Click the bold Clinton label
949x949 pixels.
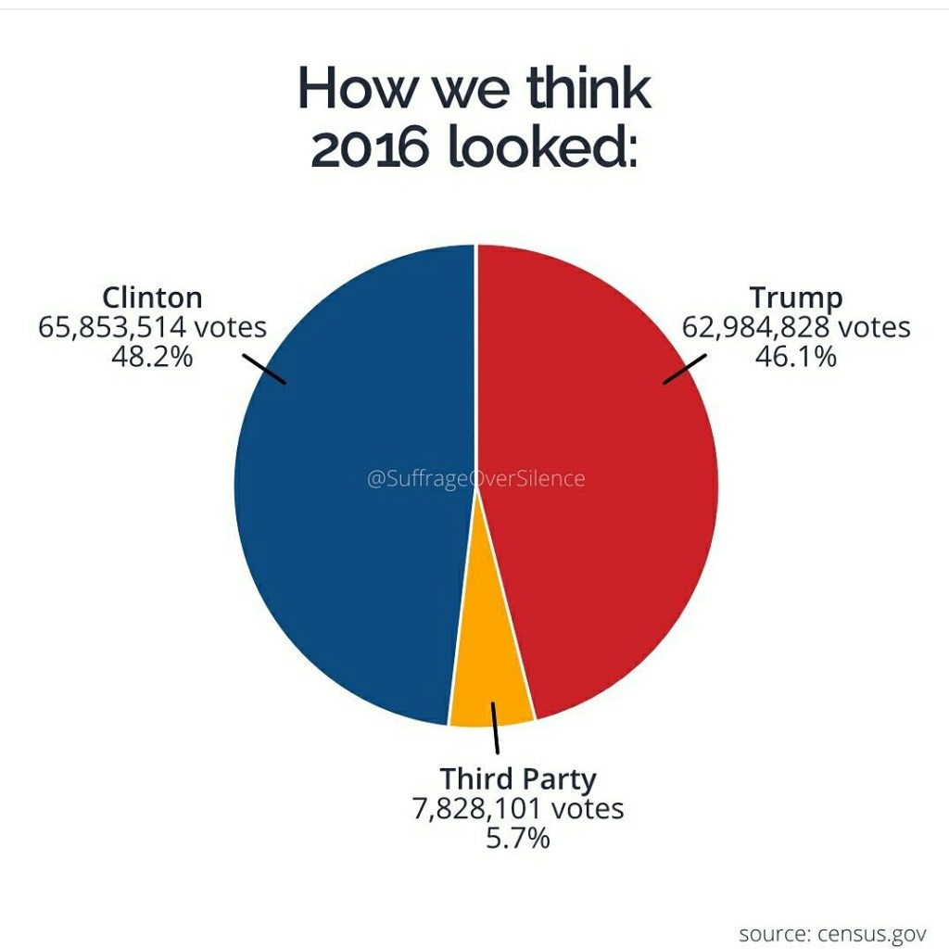pos(152,297)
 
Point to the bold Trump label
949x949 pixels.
pos(796,297)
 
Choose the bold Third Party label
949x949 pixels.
pos(518,778)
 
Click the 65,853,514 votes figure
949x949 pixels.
pos(152,327)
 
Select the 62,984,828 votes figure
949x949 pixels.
pos(796,327)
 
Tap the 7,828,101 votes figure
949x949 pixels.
pos(518,808)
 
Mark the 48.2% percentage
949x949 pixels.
pos(152,356)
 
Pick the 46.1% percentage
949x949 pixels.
pos(796,356)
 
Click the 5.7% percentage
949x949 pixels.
pos(518,838)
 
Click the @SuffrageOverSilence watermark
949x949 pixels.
pos(476,478)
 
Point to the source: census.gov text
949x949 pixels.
pos(832,932)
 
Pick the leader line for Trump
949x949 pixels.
pos(685,368)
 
